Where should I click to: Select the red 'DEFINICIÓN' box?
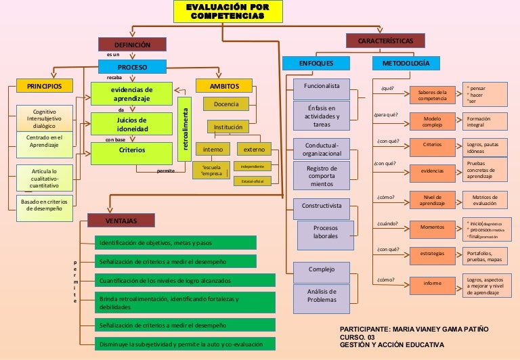point(132,45)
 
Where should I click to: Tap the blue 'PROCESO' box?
point(132,67)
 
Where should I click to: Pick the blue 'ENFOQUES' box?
point(316,63)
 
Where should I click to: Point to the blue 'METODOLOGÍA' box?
point(406,63)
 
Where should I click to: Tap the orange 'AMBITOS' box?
point(223,86)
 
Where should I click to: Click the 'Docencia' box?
point(226,104)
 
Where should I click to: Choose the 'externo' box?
point(254,149)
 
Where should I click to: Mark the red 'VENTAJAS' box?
point(121,221)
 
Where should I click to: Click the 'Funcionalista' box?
point(321,87)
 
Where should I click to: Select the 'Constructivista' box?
point(321,205)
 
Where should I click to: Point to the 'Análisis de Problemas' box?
point(322,296)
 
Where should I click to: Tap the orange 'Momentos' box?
point(432,227)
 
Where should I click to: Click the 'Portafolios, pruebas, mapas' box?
point(485,255)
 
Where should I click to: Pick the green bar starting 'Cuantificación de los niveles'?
point(184,280)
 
